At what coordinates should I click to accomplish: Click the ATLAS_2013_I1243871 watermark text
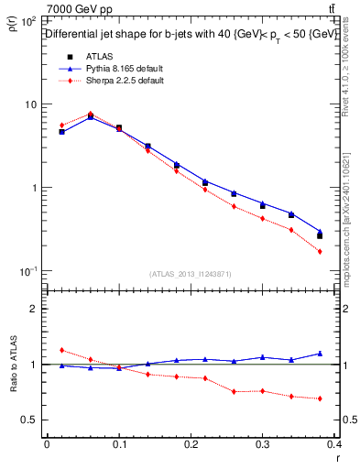(191, 274)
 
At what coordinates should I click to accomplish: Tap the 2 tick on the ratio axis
(34, 309)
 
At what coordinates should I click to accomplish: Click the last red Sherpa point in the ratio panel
(320, 398)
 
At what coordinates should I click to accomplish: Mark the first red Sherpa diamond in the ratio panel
(61, 350)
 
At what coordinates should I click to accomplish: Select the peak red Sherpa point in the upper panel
(90, 114)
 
